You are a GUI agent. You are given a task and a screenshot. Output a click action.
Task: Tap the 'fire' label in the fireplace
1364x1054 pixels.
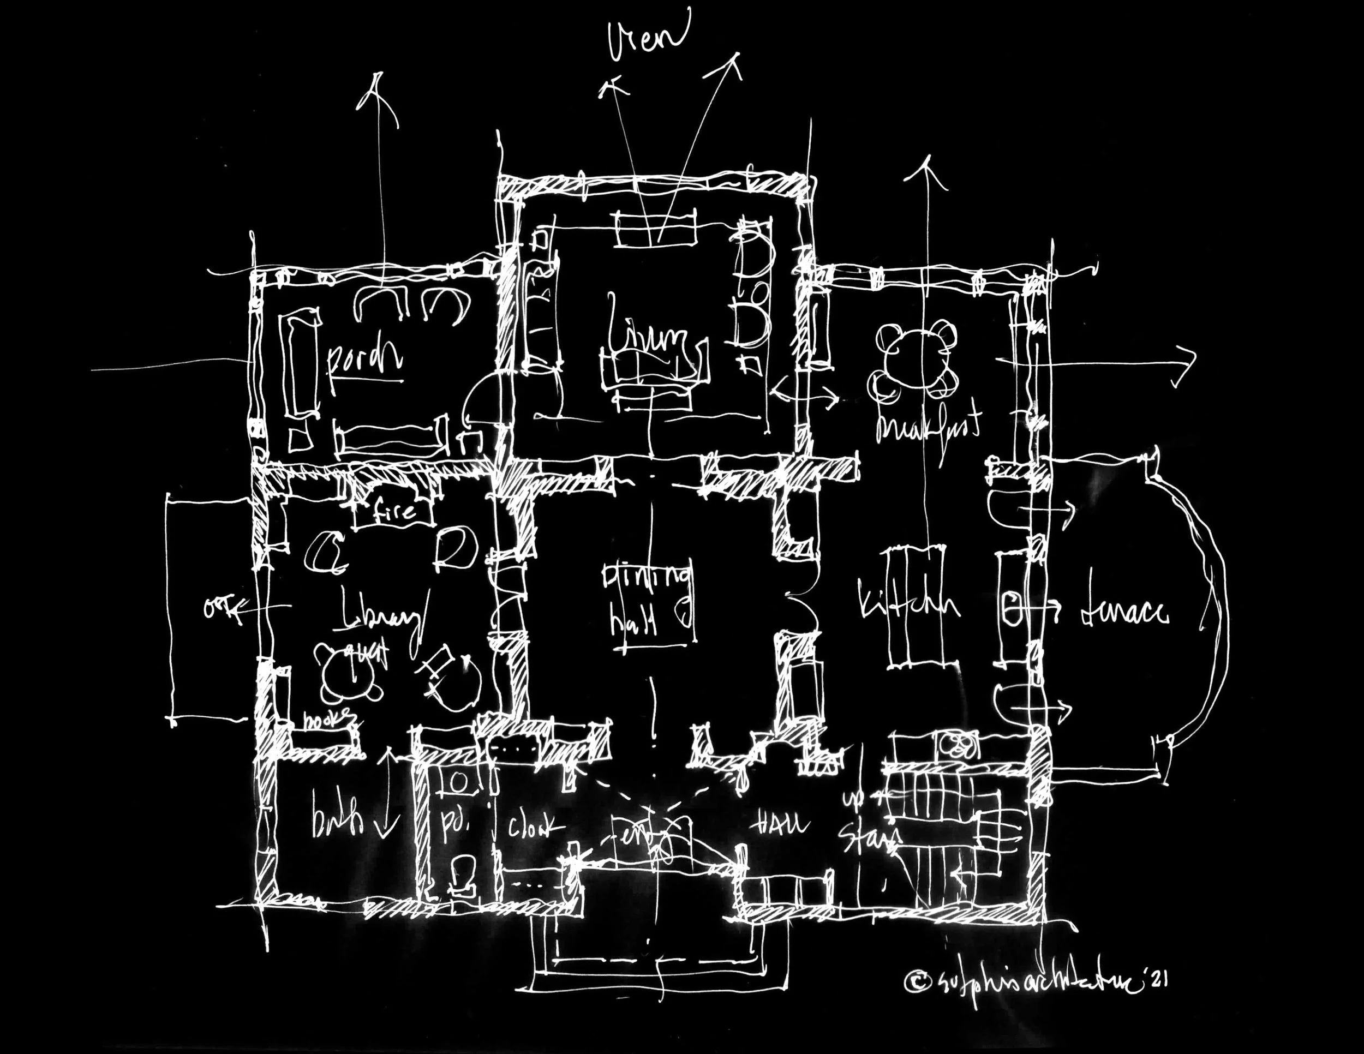coord(394,511)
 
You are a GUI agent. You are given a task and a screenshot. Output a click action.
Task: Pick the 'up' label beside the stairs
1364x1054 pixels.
coord(852,799)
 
